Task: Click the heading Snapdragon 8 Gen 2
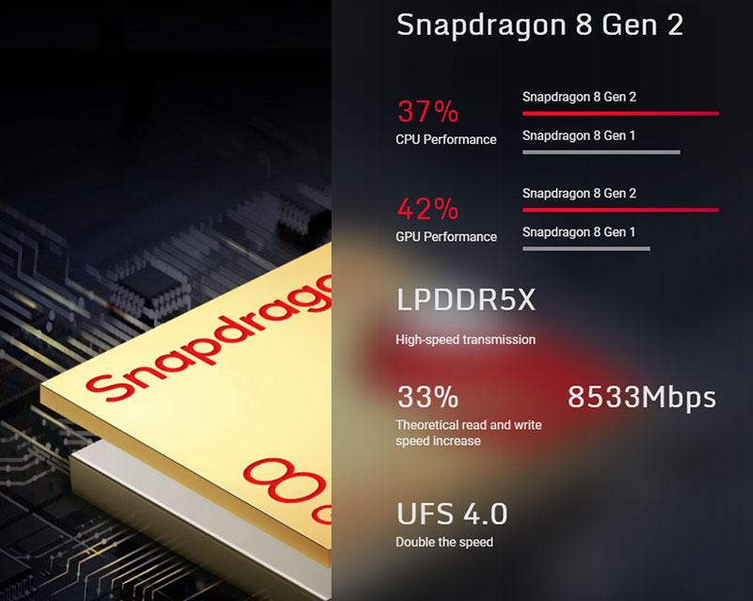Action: point(539,25)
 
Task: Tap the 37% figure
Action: point(427,112)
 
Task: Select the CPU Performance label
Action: point(445,139)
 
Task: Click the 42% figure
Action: point(427,208)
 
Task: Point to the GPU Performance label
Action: point(445,236)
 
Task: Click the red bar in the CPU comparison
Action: point(620,113)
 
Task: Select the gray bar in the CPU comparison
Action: point(601,151)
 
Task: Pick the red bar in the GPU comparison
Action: point(620,210)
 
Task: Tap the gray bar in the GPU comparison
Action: point(585,248)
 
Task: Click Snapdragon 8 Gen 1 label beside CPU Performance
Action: point(579,135)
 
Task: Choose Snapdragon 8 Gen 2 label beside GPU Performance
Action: point(579,193)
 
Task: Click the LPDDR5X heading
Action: point(465,301)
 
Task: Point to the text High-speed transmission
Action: point(465,340)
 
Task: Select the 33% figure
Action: point(427,397)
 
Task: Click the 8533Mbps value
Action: point(642,397)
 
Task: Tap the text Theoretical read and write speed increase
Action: point(468,433)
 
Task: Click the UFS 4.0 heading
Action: point(452,514)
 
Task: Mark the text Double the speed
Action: point(443,542)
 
